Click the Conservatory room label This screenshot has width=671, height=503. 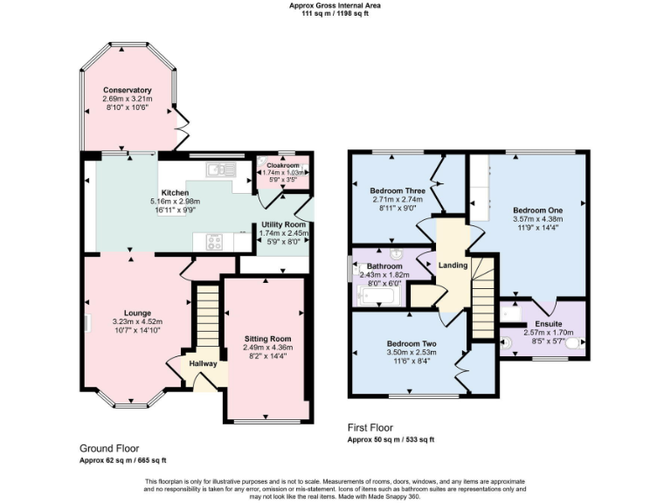tap(128, 91)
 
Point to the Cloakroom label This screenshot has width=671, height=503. tap(283, 164)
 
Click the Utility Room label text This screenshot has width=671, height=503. tap(283, 225)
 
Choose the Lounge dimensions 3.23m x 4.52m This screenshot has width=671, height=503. tap(137, 322)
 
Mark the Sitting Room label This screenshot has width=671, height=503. tap(267, 339)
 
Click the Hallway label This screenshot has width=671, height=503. tap(197, 364)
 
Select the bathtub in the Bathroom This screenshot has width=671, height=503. tap(378, 298)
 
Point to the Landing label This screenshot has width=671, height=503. tap(453, 265)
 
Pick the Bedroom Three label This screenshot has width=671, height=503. tap(398, 190)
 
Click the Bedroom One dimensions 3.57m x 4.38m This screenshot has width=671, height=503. tap(537, 221)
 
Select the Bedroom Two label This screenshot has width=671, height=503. tap(411, 343)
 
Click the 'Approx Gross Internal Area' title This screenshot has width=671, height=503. tap(335, 5)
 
